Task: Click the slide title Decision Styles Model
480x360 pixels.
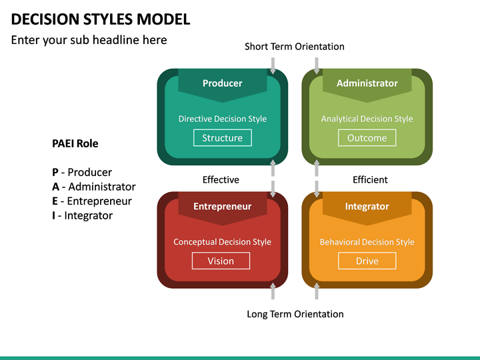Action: coord(101,19)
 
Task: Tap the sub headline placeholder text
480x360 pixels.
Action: coord(89,40)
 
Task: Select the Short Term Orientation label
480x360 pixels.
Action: coord(294,47)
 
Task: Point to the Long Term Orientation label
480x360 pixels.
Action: coord(295,314)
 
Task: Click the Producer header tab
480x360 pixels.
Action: coord(222,83)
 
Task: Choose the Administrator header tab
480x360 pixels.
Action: coord(367,83)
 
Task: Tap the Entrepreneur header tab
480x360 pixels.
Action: coord(222,207)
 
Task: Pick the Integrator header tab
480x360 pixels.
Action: coord(367,207)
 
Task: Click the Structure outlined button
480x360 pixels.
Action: coord(222,138)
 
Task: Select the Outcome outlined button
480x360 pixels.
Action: coord(367,138)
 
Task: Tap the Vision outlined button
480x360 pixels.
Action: coord(221,261)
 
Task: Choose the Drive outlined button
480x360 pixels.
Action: coord(367,261)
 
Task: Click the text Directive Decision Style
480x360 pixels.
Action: coord(222,119)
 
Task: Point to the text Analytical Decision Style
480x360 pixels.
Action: coord(367,119)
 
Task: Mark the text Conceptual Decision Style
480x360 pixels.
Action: coord(222,242)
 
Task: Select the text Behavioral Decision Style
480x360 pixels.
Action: coord(367,242)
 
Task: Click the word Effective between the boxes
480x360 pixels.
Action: coord(221,179)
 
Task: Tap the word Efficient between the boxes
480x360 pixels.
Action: coord(370,179)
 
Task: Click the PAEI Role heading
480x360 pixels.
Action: coord(75,143)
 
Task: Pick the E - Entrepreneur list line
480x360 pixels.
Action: coord(92,201)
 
